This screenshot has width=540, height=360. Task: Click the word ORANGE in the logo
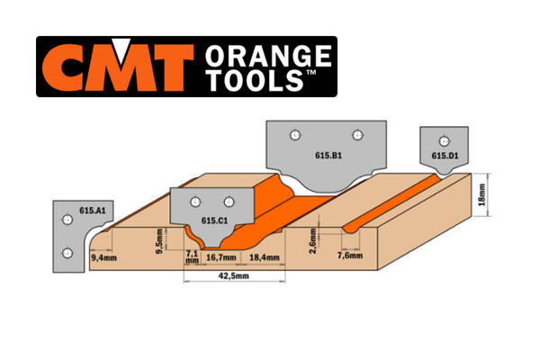[268, 56]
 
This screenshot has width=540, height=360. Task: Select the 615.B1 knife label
[328, 156]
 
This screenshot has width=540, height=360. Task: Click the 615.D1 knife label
[445, 156]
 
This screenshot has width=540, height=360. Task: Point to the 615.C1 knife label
[214, 220]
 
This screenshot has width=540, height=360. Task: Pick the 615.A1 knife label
[93, 210]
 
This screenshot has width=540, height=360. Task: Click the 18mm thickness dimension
[481, 195]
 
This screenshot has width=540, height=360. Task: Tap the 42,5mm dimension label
[233, 276]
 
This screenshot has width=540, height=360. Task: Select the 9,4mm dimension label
[103, 257]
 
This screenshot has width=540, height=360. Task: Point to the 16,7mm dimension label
[221, 257]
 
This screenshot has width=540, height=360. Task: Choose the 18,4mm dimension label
[264, 257]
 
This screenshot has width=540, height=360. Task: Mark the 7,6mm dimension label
[350, 256]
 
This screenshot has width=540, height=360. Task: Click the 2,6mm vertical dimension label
[312, 241]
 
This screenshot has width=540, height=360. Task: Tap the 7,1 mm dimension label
[192, 257]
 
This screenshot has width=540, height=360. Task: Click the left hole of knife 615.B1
[295, 135]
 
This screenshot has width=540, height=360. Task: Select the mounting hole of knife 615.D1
[445, 141]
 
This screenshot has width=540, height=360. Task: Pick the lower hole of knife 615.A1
[67, 253]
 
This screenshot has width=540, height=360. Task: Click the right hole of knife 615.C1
[229, 202]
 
